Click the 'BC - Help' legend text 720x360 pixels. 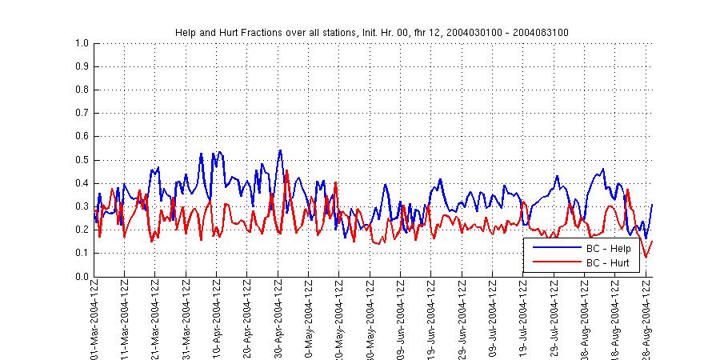point(609,249)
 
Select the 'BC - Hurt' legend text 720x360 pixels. point(609,262)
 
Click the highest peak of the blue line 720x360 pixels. point(280,150)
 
